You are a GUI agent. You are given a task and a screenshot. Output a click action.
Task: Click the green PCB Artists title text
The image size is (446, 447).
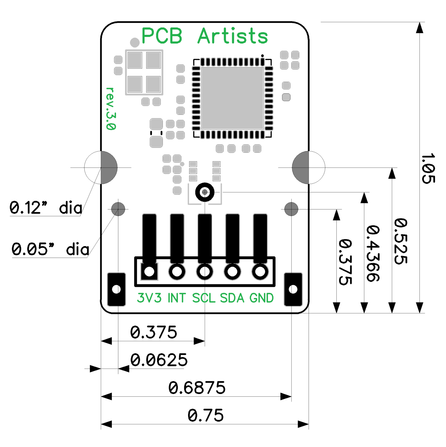pos(204,36)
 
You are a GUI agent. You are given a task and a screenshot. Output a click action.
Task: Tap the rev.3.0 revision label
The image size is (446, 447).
pos(111,109)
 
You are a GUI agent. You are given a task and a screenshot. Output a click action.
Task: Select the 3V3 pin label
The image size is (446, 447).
pos(149,298)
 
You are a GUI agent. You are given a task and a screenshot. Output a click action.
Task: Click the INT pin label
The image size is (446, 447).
pos(177,298)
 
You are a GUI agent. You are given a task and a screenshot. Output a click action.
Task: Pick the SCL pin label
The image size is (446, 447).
pos(204,298)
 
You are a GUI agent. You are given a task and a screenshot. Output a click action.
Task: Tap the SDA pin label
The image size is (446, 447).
pos(232,298)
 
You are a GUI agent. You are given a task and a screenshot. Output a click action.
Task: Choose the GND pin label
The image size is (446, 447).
pos(262,298)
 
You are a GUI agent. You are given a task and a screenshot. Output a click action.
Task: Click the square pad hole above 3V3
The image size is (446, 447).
pos(149,272)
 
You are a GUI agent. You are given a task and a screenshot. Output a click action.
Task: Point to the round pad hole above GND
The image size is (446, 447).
pos(260,272)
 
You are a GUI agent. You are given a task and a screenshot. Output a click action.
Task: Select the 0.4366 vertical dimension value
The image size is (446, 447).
pos(373,253)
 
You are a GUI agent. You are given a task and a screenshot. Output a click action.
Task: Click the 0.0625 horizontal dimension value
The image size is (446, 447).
pos(159,360)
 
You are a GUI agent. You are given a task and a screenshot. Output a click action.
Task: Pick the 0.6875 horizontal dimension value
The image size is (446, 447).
pos(197,388)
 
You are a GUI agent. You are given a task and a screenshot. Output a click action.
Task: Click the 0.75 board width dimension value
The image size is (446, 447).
pos(205,415)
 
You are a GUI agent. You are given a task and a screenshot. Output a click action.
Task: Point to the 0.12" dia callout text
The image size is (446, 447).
pos(46,208)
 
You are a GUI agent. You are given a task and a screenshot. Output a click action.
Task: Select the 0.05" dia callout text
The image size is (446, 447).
pos(50,249)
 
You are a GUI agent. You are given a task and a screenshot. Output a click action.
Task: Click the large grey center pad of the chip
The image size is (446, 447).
pos(232,98)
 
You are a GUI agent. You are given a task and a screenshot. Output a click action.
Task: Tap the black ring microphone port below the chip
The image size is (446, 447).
pos(205,192)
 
